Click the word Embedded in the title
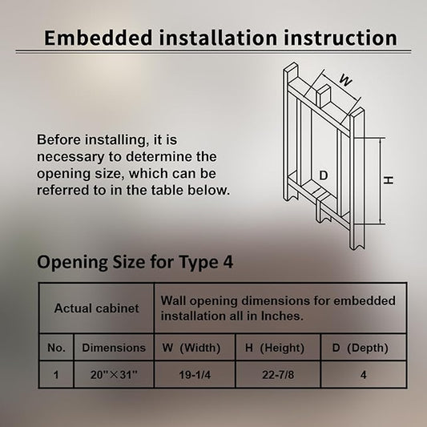pos(99,38)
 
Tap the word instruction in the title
pos(340,38)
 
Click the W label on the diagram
pos(345,80)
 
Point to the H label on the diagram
pos(389,180)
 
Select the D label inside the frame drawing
pos(323,175)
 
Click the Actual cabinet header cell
pos(96,308)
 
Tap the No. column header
pos(56,348)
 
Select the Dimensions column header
pos(114,348)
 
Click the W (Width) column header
pos(191,348)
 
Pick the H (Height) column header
pos(275,348)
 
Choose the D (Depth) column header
pos(360,348)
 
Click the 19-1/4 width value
pos(195,375)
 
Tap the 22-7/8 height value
pos(278,375)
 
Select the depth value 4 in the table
pos(363,375)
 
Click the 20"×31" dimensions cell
pos(114,375)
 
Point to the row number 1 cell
pos(56,375)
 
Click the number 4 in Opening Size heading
pos(228,261)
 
